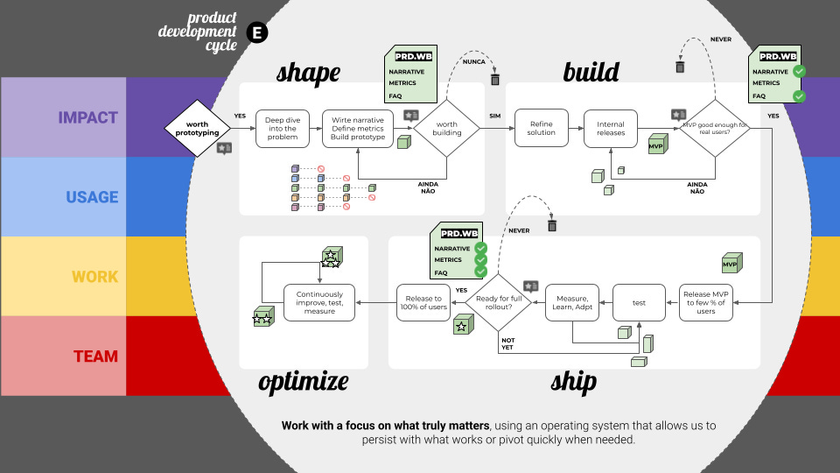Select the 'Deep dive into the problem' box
click(282, 128)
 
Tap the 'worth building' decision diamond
click(446, 128)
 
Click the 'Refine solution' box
click(541, 128)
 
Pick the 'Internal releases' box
click(611, 128)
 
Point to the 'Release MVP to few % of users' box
click(707, 302)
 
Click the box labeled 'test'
click(640, 302)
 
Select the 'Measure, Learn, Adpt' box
click(573, 302)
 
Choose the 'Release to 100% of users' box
click(423, 302)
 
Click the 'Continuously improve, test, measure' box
click(319, 302)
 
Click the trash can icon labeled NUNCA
click(495, 80)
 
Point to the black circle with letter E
click(257, 33)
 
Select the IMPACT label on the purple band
click(87, 117)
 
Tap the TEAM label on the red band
click(94, 356)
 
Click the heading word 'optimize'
click(304, 381)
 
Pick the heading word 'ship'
click(573, 381)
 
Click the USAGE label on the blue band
click(92, 197)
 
